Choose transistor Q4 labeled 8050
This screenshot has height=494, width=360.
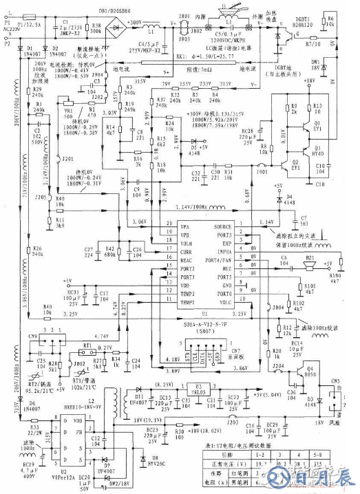coord(301,372)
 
